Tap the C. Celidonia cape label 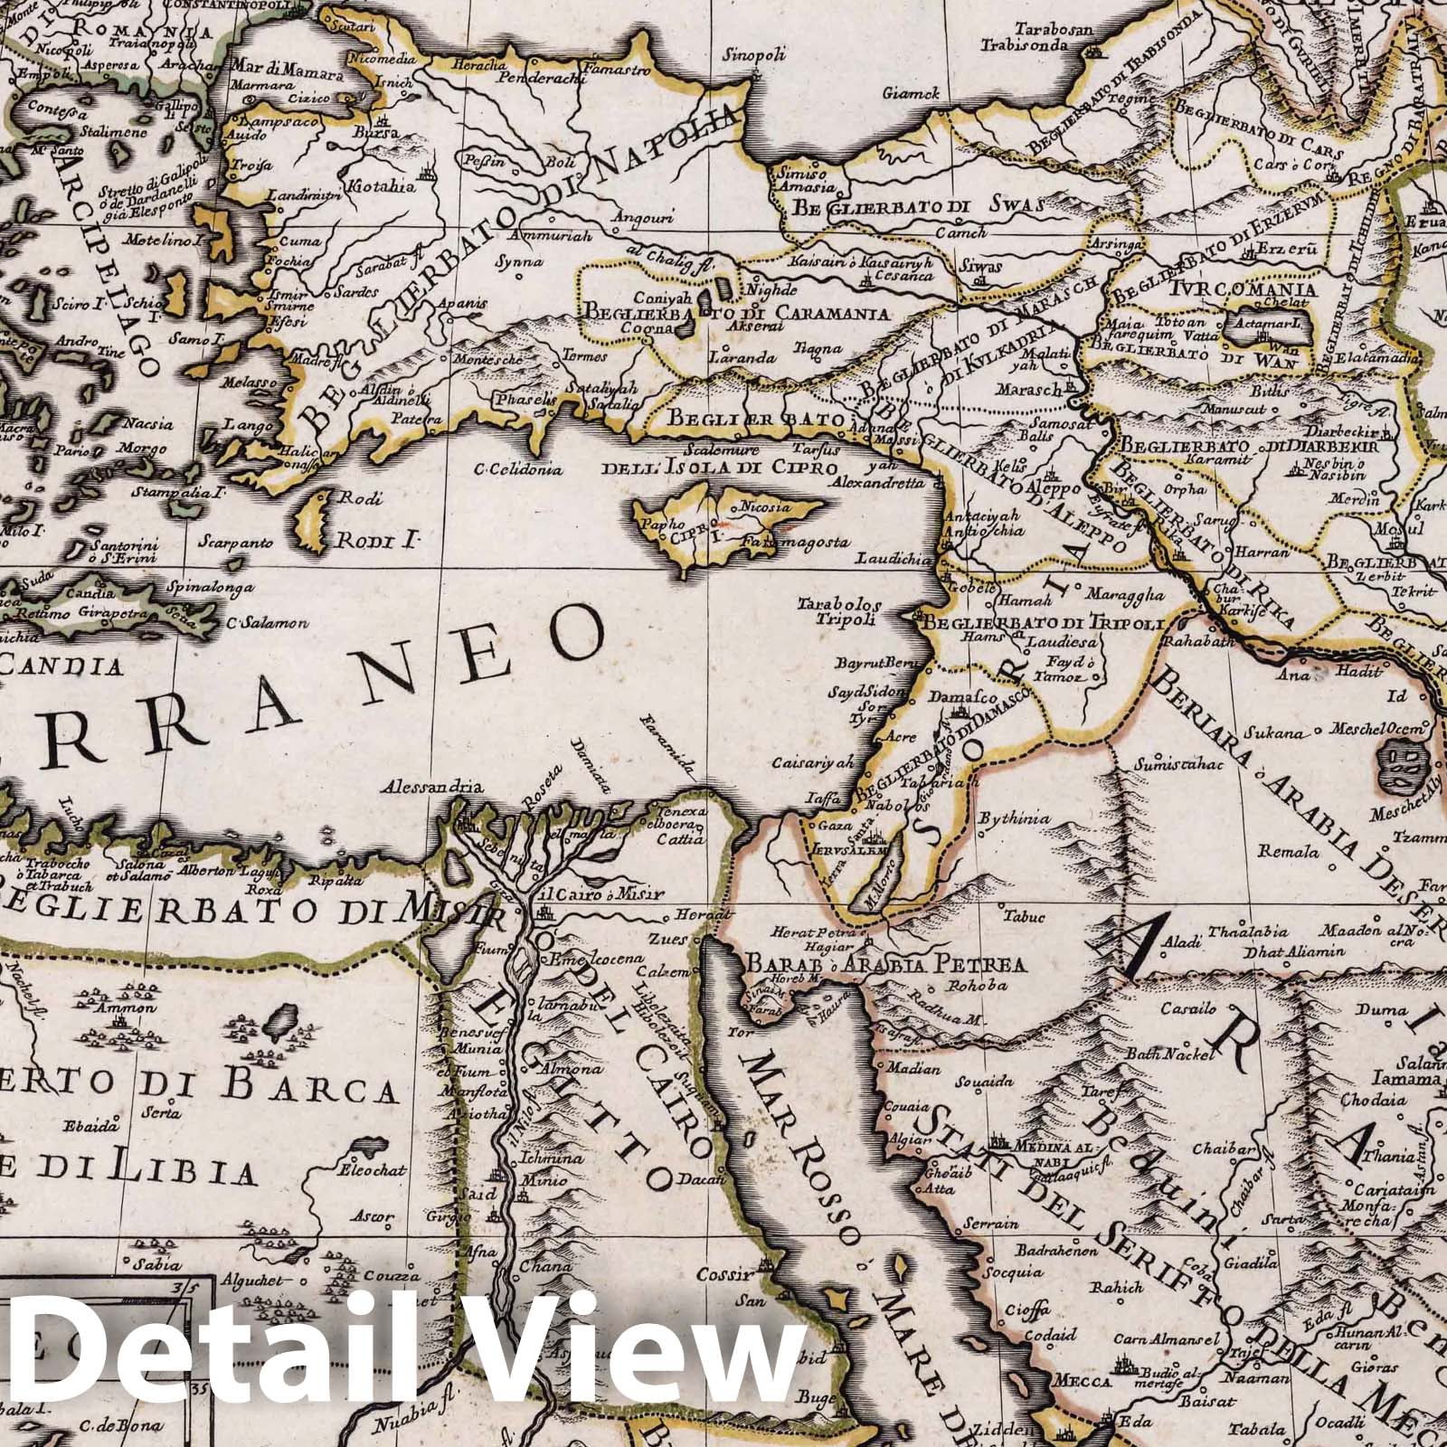(x=520, y=469)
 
